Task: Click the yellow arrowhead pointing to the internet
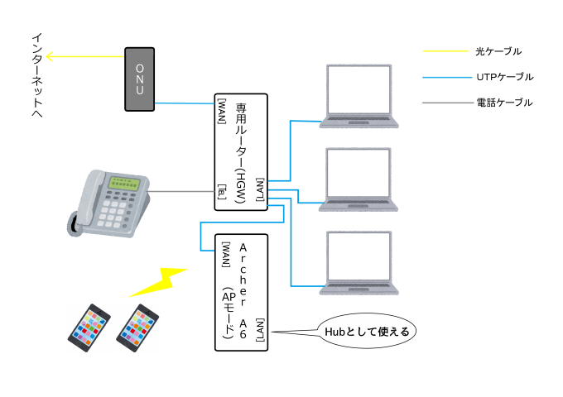[50, 57]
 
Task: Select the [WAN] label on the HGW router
[221, 110]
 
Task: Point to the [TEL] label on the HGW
[221, 192]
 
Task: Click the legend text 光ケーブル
[498, 51]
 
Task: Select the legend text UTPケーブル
[504, 77]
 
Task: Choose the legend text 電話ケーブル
[504, 103]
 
